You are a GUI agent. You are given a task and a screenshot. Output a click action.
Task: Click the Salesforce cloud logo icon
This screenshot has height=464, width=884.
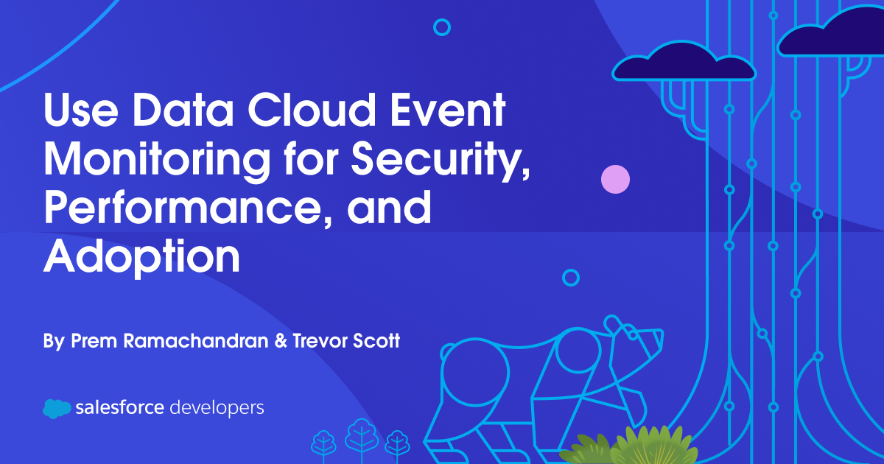[57, 407]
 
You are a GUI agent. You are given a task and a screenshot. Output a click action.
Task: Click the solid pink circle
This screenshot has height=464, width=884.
[615, 179]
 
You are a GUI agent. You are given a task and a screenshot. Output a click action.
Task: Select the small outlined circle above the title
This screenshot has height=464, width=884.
[442, 27]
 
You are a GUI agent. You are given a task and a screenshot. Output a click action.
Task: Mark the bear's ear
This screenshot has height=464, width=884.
[614, 325]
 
